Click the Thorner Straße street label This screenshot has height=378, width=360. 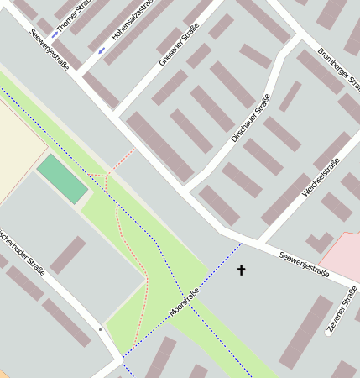point(75,18)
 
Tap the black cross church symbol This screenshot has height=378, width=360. point(242,270)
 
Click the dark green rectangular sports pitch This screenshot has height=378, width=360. point(62,178)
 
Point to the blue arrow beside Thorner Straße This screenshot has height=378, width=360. point(56,34)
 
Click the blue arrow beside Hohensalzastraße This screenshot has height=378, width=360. point(102,50)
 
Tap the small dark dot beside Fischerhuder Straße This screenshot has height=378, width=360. point(100,329)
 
